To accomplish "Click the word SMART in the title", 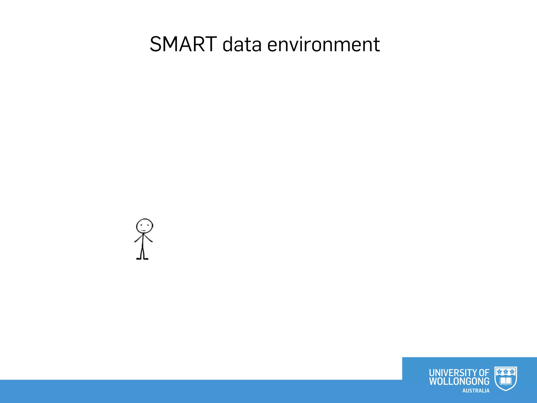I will [183, 44].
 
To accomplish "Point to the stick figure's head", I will [144, 226].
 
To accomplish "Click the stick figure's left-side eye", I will [141, 225].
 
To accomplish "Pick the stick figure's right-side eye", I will [148, 225].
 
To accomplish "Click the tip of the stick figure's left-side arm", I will [135, 241].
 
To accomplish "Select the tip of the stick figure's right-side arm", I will [152, 241].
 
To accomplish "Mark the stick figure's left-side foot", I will [138, 259].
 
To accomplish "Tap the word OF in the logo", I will [484, 373].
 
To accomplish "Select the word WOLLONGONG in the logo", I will [459, 381].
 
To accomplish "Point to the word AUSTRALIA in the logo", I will [476, 391].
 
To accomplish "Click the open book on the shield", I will [506, 381].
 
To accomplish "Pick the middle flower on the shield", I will [506, 372].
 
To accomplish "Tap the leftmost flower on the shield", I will [500, 372].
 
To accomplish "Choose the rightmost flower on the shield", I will [512, 372].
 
